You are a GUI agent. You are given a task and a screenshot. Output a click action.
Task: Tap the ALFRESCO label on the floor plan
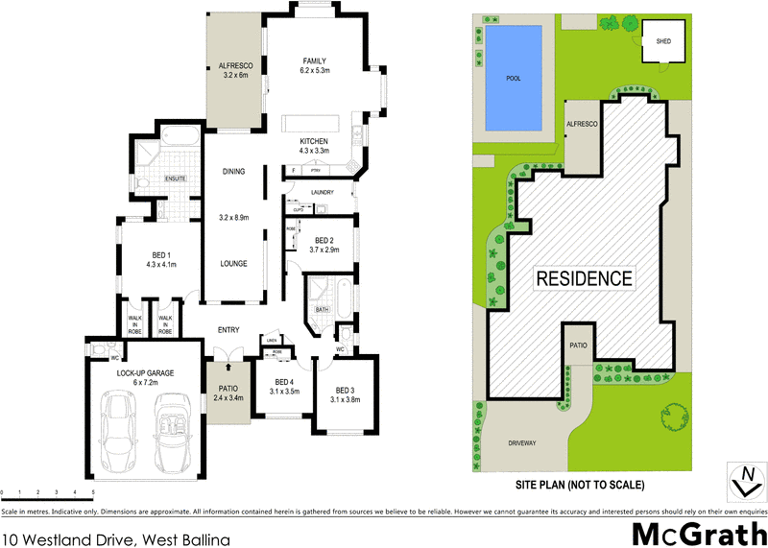pyautogui.click(x=234, y=65)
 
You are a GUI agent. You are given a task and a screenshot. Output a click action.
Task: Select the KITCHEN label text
pyautogui.click(x=314, y=140)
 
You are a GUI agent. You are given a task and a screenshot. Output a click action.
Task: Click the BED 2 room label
pyautogui.click(x=324, y=239)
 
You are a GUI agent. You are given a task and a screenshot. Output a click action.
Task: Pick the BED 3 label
pyautogui.click(x=346, y=390)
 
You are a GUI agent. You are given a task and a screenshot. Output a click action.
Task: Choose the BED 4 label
pyautogui.click(x=284, y=382)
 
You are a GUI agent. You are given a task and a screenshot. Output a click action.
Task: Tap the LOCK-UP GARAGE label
pyautogui.click(x=144, y=370)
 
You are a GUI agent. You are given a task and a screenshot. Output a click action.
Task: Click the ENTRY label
pyautogui.click(x=228, y=330)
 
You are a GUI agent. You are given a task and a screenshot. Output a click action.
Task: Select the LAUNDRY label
pyautogui.click(x=322, y=192)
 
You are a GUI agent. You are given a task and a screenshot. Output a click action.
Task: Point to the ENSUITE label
pyautogui.click(x=175, y=178)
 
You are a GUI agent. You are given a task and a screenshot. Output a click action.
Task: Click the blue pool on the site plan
pyautogui.click(x=513, y=79)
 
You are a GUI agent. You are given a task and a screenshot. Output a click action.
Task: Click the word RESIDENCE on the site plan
pyautogui.click(x=584, y=279)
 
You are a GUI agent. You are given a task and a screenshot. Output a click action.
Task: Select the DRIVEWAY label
pyautogui.click(x=528, y=443)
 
